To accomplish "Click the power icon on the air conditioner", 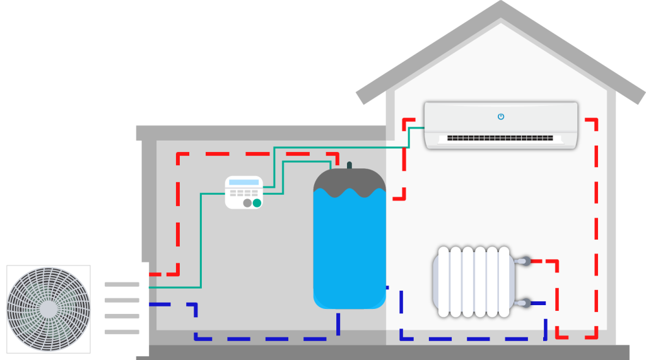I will pos(501,117).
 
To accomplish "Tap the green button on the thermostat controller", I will pos(257,203).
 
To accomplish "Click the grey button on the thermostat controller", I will pos(247,203).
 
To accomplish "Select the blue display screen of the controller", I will pos(244,182).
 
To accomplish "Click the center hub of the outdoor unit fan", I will pos(48,308).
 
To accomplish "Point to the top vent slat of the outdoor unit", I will pos(122,284).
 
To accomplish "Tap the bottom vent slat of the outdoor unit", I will pos(122,332).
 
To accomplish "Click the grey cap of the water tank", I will pos(349,182).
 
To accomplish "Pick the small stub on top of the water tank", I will pos(349,165).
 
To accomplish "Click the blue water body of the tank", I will pos(349,252).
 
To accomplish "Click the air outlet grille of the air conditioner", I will pos(500,138).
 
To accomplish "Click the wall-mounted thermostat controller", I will pos(244,192).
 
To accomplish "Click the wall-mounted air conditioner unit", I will pos(501,125).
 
